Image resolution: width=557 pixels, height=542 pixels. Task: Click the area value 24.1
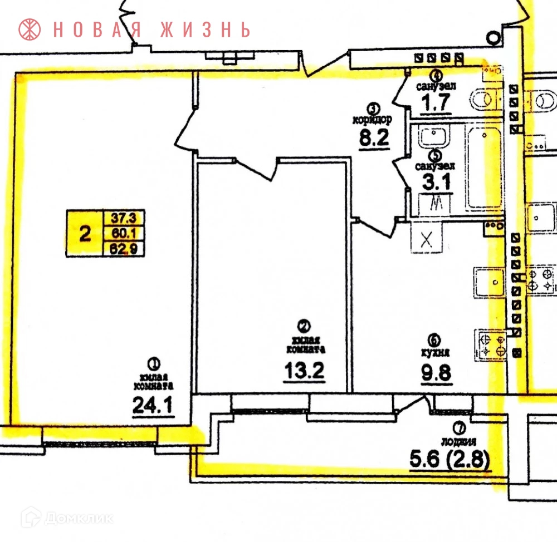coord(153,405)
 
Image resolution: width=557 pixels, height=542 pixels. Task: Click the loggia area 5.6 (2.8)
coord(449,460)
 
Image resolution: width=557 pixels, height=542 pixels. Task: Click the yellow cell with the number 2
coord(85,234)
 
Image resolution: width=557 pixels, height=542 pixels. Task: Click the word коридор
coord(373,119)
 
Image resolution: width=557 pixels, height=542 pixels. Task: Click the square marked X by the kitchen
coord(426,240)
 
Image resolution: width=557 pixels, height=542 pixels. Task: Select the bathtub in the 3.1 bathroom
coord(483,167)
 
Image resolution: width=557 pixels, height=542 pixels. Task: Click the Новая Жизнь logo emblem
coord(30,29)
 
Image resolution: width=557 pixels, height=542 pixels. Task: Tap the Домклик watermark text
coord(78,519)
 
